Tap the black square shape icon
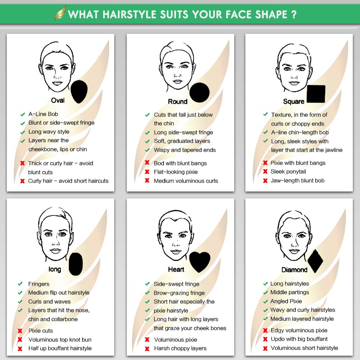[316, 94]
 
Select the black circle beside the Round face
[199, 93]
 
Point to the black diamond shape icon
[315, 261]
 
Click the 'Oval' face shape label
[58, 100]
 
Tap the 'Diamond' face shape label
[294, 270]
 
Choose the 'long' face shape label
[55, 269]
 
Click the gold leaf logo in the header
[60, 13]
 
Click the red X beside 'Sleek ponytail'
[265, 171]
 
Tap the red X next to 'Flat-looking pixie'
[147, 171]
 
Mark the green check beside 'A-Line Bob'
[23, 114]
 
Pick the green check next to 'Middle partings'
[266, 292]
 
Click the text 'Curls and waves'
[49, 301]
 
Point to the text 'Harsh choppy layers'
[180, 348]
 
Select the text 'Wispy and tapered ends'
[185, 150]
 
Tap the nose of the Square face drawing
[294, 77]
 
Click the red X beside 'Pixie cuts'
[20, 331]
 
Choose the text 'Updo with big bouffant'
[299, 339]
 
